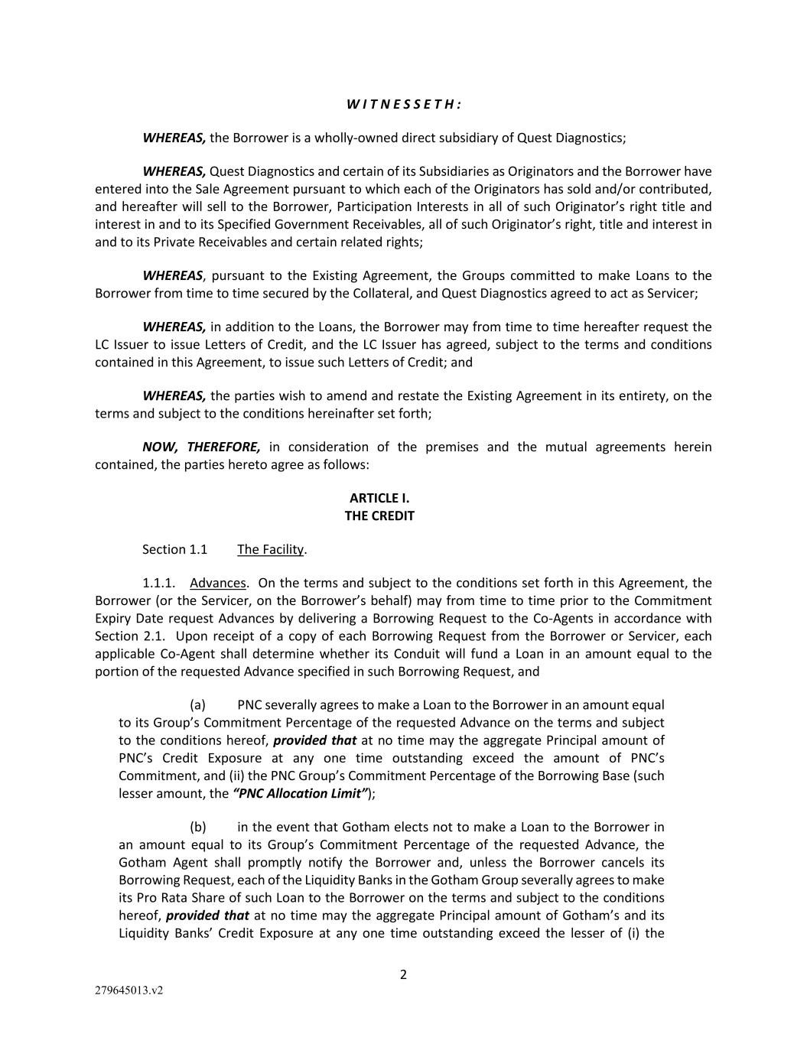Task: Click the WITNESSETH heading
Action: click(x=403, y=104)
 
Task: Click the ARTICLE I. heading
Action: click(x=379, y=498)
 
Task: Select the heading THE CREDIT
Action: click(x=379, y=515)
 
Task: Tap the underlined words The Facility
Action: click(x=270, y=549)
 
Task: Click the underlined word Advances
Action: click(x=218, y=583)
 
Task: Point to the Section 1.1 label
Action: click(x=174, y=549)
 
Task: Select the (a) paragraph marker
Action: click(x=197, y=704)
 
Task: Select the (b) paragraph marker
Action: click(x=198, y=827)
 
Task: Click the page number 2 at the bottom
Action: click(x=403, y=974)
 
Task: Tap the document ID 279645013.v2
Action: click(x=129, y=990)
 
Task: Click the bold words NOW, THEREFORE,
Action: click(x=201, y=447)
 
